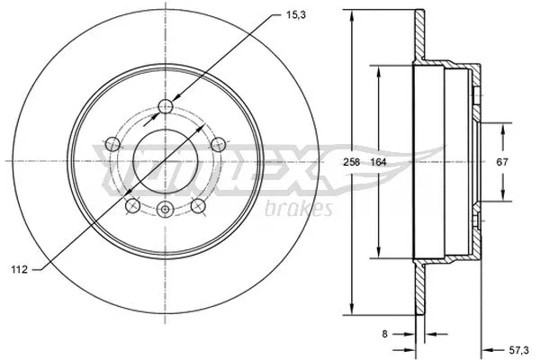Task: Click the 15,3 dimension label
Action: pyautogui.click(x=296, y=14)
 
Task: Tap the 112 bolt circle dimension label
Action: pyautogui.click(x=19, y=270)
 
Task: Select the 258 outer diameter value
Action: pyautogui.click(x=352, y=162)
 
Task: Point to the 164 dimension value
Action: pyautogui.click(x=379, y=162)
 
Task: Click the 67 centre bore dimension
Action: pyautogui.click(x=502, y=162)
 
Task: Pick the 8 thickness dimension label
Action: pyautogui.click(x=384, y=334)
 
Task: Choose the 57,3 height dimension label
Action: pyautogui.click(x=518, y=351)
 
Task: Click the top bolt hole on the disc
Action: pyautogui.click(x=166, y=106)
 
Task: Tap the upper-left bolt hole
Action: pyautogui.click(x=112, y=144)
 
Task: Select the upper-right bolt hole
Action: pyautogui.click(x=219, y=144)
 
